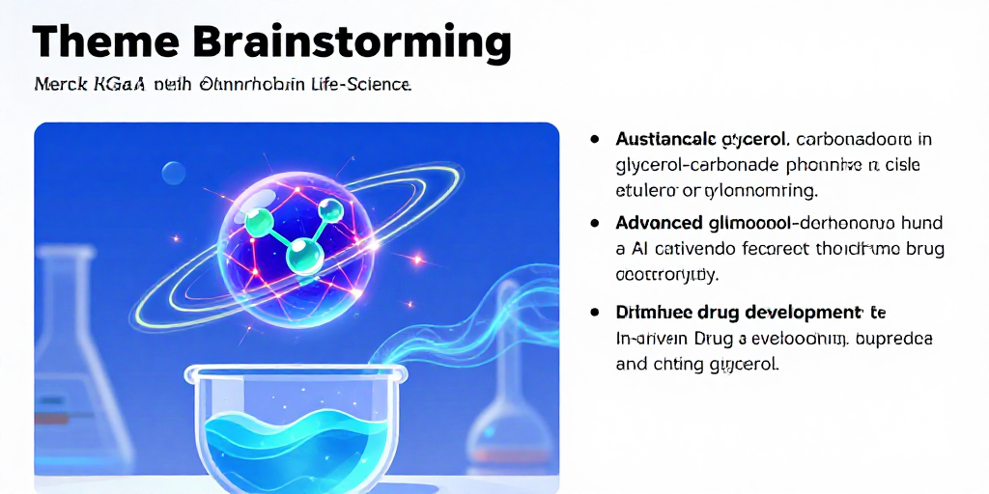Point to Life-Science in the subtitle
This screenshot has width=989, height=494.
tap(362, 85)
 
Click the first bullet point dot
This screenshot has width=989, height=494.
tap(595, 139)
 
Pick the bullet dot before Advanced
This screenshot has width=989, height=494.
tap(595, 223)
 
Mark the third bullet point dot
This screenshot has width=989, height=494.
tap(595, 313)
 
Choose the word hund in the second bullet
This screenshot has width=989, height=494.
tap(919, 223)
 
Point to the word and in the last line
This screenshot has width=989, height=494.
tap(632, 365)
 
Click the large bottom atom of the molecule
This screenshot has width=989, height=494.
tap(305, 257)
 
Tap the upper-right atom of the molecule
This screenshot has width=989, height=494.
tap(331, 210)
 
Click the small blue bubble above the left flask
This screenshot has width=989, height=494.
tap(174, 173)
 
